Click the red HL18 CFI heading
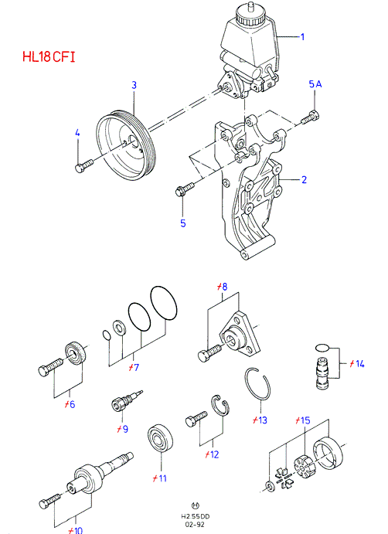click(x=49, y=56)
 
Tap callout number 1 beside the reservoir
click(x=302, y=36)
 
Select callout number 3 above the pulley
click(x=134, y=85)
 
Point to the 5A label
click(x=315, y=83)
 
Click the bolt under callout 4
click(x=83, y=165)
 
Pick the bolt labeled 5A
click(x=311, y=117)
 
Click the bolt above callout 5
click(x=184, y=189)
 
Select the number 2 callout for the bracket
click(x=305, y=179)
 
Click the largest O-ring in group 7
click(x=164, y=303)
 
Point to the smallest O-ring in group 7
click(x=107, y=335)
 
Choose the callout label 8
click(x=222, y=287)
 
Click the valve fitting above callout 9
click(x=127, y=400)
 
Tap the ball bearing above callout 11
click(x=160, y=439)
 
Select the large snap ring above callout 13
click(x=257, y=383)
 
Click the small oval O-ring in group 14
click(x=322, y=348)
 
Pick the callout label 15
click(x=302, y=420)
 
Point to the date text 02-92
click(x=196, y=525)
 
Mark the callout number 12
click(x=212, y=454)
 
